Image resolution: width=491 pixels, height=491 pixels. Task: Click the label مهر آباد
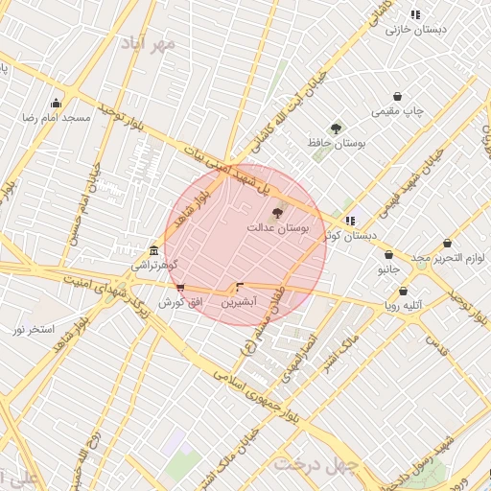click(x=150, y=43)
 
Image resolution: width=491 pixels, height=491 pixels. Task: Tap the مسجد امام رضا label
click(x=57, y=116)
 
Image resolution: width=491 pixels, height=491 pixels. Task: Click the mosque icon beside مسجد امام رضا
click(x=56, y=104)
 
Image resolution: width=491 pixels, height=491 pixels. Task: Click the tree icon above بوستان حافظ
click(x=336, y=129)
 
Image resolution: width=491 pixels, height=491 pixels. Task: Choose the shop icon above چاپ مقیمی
click(x=398, y=97)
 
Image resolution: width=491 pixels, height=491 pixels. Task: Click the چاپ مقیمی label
click(x=399, y=111)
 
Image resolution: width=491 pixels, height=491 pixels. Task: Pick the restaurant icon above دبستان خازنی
click(x=415, y=14)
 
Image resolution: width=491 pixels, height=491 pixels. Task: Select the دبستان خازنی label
click(x=416, y=30)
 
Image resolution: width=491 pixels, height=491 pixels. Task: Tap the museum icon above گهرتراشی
click(x=153, y=250)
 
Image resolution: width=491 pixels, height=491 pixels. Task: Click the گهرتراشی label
click(x=153, y=265)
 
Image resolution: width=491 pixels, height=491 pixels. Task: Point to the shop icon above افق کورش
click(x=180, y=288)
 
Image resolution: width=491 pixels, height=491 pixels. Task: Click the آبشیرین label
click(x=240, y=302)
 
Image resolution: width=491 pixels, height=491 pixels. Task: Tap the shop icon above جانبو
click(x=388, y=255)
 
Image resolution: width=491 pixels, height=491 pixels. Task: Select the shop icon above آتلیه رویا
click(x=403, y=291)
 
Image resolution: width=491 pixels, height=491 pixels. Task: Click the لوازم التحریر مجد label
click(x=448, y=257)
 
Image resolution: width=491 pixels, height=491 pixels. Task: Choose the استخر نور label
click(x=35, y=329)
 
